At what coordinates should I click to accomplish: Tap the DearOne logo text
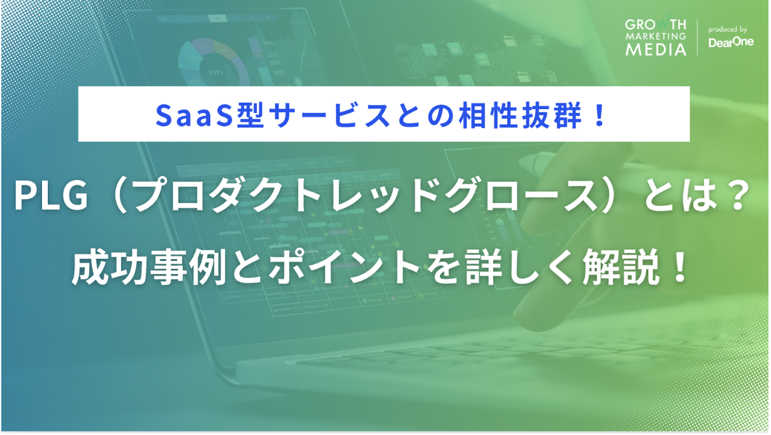[x=729, y=43]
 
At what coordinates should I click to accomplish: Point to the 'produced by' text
[x=728, y=29]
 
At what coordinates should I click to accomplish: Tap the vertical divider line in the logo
[x=698, y=38]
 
